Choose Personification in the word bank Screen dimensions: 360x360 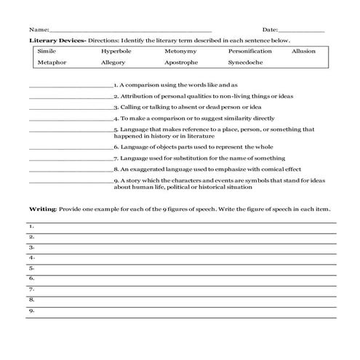251,52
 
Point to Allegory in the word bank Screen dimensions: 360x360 113,63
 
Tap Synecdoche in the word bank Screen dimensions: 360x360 246,63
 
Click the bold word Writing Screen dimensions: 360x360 42,208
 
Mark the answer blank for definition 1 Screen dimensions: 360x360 70,86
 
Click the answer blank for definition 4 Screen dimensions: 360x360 70,119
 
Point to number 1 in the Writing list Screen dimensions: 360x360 31,226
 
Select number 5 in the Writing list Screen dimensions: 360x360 31,268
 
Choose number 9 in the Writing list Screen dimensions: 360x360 31,310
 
